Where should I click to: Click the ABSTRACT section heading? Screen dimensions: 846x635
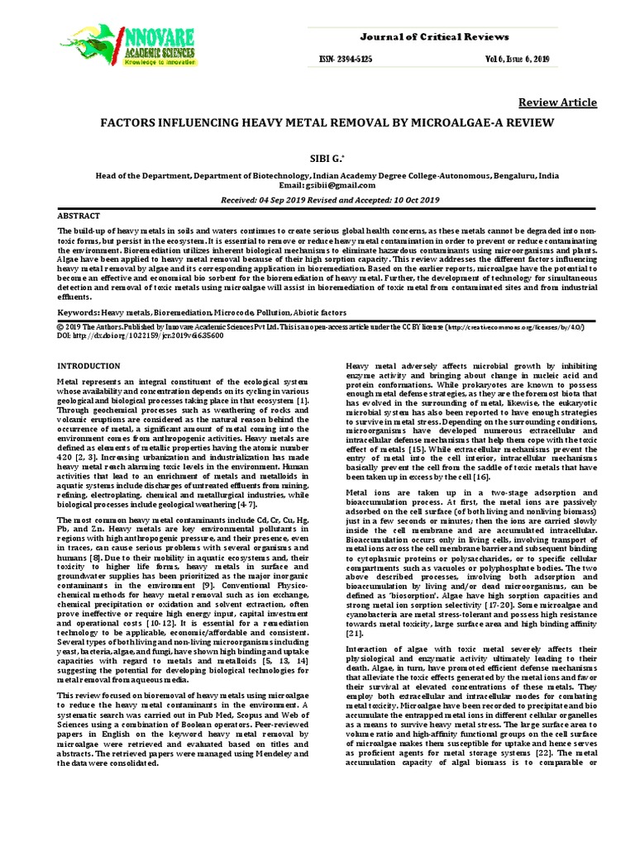coord(79,215)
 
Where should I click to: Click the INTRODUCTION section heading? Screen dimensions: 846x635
coord(88,365)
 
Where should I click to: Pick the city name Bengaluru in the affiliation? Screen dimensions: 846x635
coord(517,176)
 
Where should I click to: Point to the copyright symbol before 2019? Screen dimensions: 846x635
coord(60,328)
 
